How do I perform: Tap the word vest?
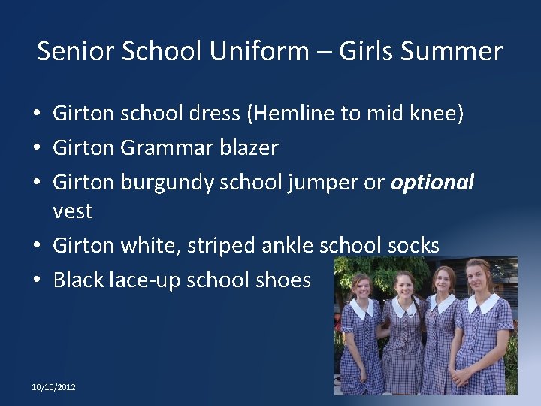pyautogui.click(x=73, y=211)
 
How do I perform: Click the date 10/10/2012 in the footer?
pyautogui.click(x=53, y=387)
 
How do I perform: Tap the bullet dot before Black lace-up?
pyautogui.click(x=37, y=280)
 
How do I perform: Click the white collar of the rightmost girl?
pyautogui.click(x=482, y=303)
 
